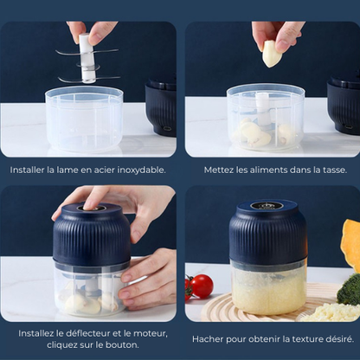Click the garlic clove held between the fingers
coord(269,54)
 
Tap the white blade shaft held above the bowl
coord(87,59)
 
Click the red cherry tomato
coord(201,286)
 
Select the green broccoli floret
coord(349,290)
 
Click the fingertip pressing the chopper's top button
coord(89,204)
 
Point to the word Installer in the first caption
coord(28,170)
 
